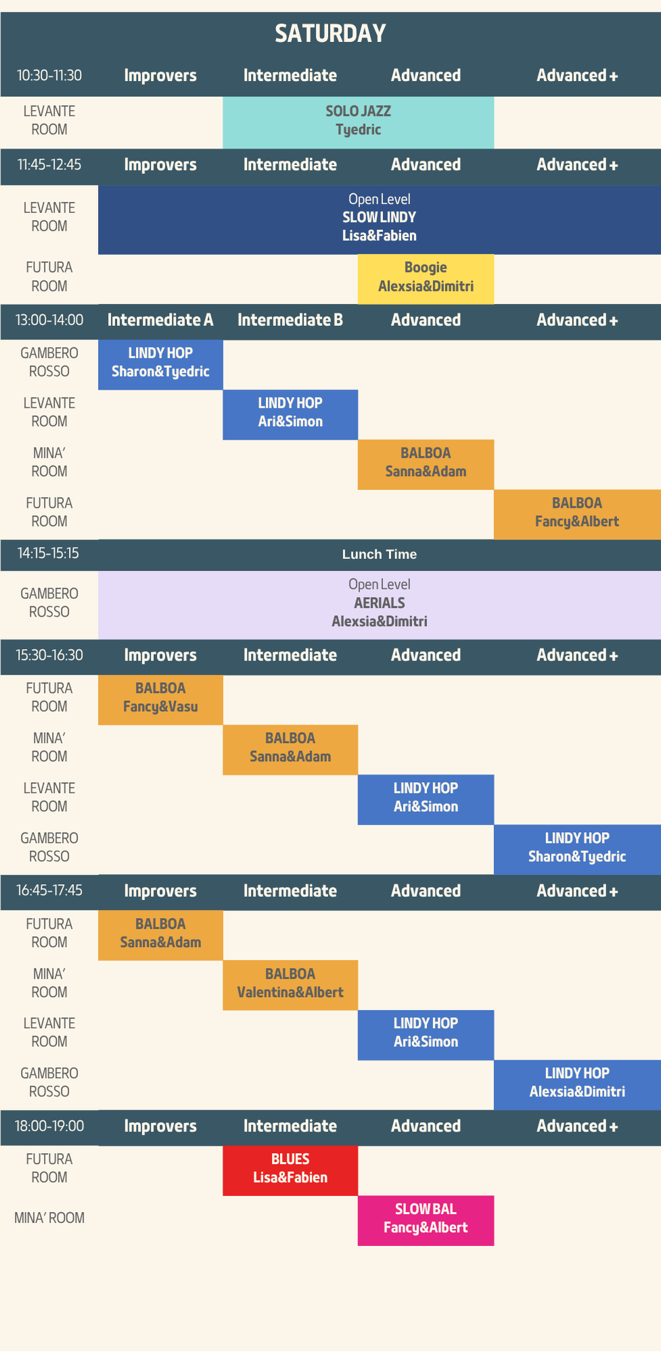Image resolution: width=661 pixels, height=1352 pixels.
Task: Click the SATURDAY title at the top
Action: [x=330, y=33]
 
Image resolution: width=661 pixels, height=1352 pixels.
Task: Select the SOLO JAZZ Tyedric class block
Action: [x=358, y=122]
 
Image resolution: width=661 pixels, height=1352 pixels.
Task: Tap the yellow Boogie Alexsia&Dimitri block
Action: [x=426, y=279]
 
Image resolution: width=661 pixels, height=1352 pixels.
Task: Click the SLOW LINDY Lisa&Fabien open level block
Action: [x=380, y=220]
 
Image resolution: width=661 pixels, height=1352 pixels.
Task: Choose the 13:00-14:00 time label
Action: [x=49, y=320]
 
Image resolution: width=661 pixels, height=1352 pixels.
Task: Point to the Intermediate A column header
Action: [x=160, y=320]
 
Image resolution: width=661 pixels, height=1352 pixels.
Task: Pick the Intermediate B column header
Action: [x=290, y=320]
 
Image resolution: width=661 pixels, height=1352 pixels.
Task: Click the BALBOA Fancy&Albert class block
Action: [x=577, y=514]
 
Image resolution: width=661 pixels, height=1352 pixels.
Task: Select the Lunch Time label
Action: [x=380, y=554]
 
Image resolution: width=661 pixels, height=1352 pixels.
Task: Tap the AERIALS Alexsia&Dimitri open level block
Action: [x=380, y=605]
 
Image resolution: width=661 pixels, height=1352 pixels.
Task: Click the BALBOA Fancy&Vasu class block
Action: [x=160, y=700]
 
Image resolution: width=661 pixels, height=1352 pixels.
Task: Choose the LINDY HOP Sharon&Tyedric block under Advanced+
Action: [x=577, y=850]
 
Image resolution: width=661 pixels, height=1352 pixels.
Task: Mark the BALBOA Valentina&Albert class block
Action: [x=290, y=985]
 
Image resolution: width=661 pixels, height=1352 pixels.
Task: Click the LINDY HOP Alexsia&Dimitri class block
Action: [x=577, y=1085]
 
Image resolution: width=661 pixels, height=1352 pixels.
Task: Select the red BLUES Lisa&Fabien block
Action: [x=290, y=1171]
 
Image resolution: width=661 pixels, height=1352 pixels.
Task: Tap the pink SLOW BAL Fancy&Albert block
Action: [x=426, y=1221]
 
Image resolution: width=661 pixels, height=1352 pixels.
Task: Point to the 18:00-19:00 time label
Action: [x=49, y=1126]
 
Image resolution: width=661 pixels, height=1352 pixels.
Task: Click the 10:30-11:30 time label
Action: [x=49, y=76]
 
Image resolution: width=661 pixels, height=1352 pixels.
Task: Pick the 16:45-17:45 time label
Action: [x=49, y=891]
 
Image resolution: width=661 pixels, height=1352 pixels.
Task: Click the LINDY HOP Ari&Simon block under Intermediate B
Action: [x=290, y=414]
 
